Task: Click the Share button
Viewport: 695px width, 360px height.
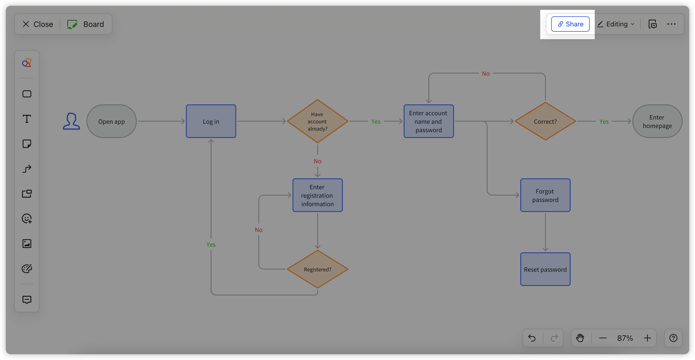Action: (570, 24)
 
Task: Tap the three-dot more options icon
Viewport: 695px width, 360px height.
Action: (671, 24)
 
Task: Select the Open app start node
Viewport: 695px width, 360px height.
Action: (111, 121)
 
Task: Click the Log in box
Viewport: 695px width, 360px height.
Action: (211, 121)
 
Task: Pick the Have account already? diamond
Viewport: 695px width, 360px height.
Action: (318, 121)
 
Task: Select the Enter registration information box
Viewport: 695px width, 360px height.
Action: (318, 195)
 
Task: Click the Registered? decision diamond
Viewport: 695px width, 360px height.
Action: (318, 269)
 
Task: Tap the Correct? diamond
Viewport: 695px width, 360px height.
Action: (545, 121)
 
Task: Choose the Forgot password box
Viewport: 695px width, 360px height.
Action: (545, 195)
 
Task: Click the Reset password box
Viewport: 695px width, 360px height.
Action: (545, 269)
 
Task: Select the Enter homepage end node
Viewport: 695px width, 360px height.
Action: (657, 121)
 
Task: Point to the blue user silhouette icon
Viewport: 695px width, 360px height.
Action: (71, 121)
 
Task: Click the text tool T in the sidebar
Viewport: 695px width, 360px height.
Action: (27, 119)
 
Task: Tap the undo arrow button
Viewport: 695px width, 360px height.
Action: (532, 338)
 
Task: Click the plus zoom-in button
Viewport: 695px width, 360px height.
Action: (647, 338)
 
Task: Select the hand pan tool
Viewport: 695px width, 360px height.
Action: (580, 338)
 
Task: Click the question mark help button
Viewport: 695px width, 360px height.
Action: (673, 338)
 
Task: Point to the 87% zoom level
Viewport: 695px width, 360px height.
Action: (625, 338)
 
